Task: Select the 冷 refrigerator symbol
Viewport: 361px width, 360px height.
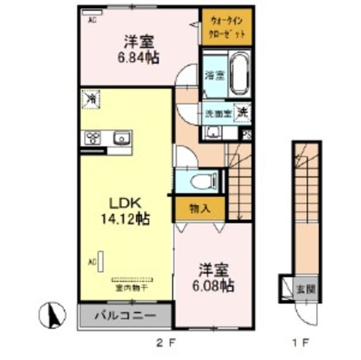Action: pyautogui.click(x=90, y=98)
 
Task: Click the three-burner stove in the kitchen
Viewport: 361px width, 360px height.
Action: pyautogui.click(x=93, y=137)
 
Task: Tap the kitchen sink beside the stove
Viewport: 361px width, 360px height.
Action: pyautogui.click(x=121, y=137)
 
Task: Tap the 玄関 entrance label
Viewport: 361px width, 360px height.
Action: pyautogui.click(x=305, y=290)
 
